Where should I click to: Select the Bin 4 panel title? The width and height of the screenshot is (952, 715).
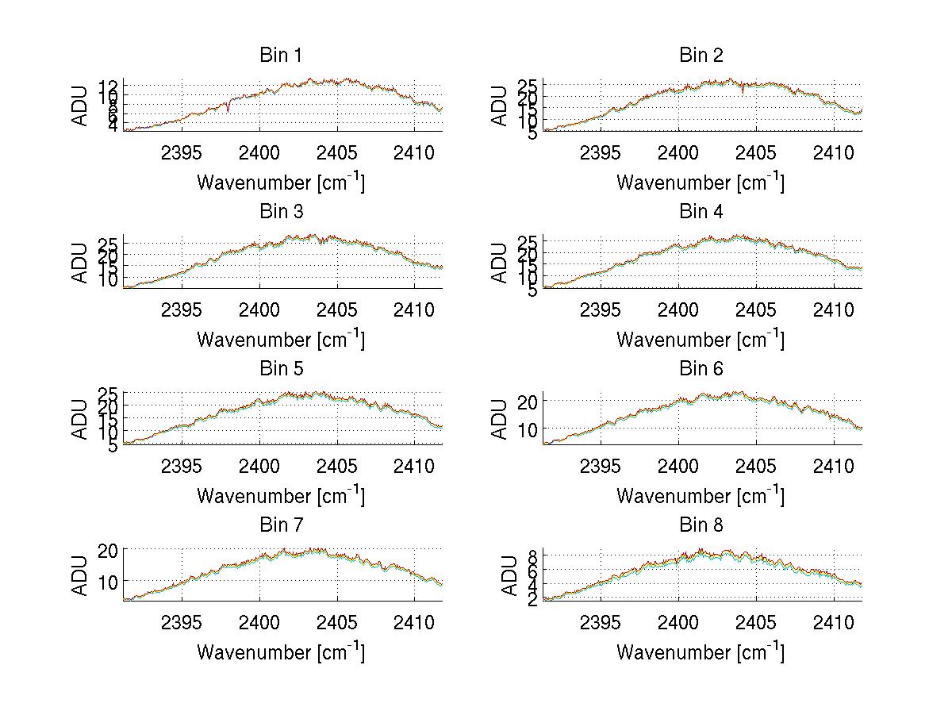(x=701, y=212)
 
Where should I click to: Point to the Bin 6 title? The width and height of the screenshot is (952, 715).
(x=701, y=369)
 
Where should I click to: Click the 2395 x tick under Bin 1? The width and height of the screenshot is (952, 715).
(x=182, y=152)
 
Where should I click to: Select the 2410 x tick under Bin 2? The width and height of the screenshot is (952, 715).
(x=833, y=152)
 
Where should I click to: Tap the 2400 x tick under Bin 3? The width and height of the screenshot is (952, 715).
(x=259, y=309)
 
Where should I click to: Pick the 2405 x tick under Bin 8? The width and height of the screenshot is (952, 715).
(x=756, y=622)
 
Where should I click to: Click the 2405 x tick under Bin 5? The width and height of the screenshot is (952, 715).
(x=337, y=466)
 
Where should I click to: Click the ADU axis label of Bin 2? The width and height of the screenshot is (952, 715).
(x=500, y=106)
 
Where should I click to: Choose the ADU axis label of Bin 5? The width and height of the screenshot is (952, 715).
(x=80, y=419)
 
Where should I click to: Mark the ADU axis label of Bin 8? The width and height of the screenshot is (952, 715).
(x=500, y=575)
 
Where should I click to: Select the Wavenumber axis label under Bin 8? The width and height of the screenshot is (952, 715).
(x=701, y=652)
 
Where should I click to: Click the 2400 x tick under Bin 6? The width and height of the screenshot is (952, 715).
(x=678, y=466)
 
